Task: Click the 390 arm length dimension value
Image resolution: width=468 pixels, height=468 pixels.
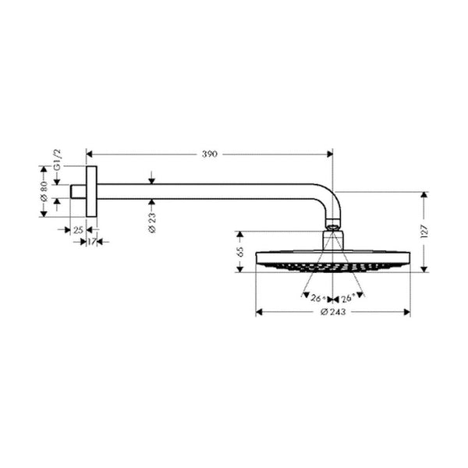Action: [208, 154]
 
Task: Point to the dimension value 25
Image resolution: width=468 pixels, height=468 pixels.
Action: [78, 229]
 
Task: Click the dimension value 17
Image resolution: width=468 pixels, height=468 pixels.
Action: [91, 243]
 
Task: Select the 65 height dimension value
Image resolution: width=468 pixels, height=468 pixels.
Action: [240, 251]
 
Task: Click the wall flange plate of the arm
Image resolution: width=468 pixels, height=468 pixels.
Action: [91, 192]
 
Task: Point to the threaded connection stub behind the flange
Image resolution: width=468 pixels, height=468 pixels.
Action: [78, 192]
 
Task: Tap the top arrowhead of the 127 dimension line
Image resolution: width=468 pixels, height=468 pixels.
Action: [424, 194]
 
